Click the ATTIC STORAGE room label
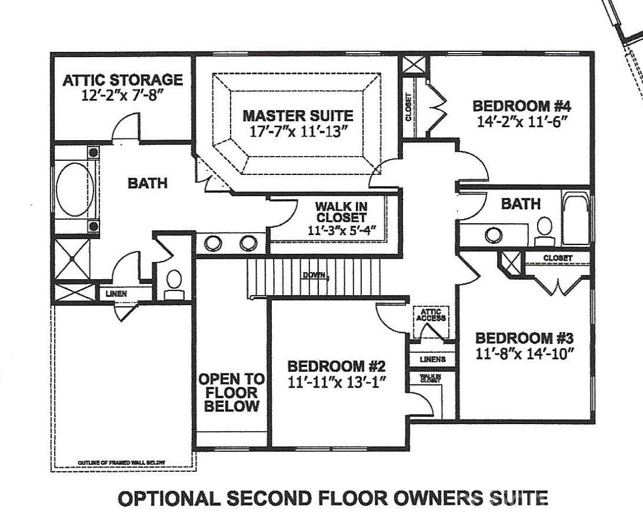[x=122, y=80]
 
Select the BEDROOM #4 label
[x=522, y=107]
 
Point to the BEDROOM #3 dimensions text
[x=524, y=354]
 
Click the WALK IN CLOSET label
[x=341, y=213]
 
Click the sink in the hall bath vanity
[x=493, y=234]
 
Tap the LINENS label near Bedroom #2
[x=432, y=359]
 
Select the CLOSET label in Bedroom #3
[x=557, y=258]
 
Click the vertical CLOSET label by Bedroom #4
[x=409, y=107]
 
